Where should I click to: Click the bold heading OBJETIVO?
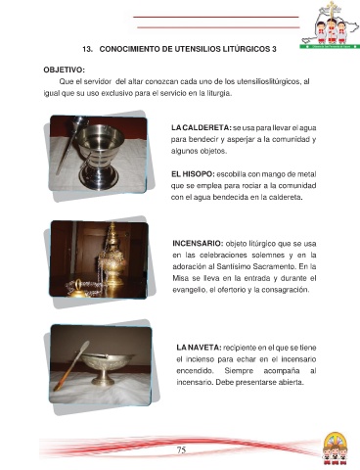click(x=65, y=70)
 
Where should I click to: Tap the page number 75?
click(x=181, y=450)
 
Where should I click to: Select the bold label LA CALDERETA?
click(x=202, y=127)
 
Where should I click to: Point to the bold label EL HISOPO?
click(x=193, y=174)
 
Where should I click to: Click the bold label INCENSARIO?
click(x=198, y=244)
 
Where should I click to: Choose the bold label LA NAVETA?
click(x=199, y=348)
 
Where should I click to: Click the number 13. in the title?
click(x=87, y=49)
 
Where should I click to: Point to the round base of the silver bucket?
click(x=98, y=178)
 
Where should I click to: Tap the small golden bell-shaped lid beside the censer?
click(x=78, y=289)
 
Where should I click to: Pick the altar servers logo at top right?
click(x=330, y=24)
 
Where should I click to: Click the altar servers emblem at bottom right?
click(x=335, y=448)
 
